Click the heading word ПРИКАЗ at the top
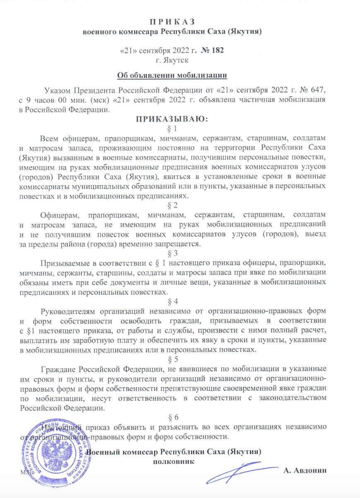point(171,22)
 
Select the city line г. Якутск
point(171,60)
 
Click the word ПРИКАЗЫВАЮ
point(171,120)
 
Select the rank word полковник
point(173,462)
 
